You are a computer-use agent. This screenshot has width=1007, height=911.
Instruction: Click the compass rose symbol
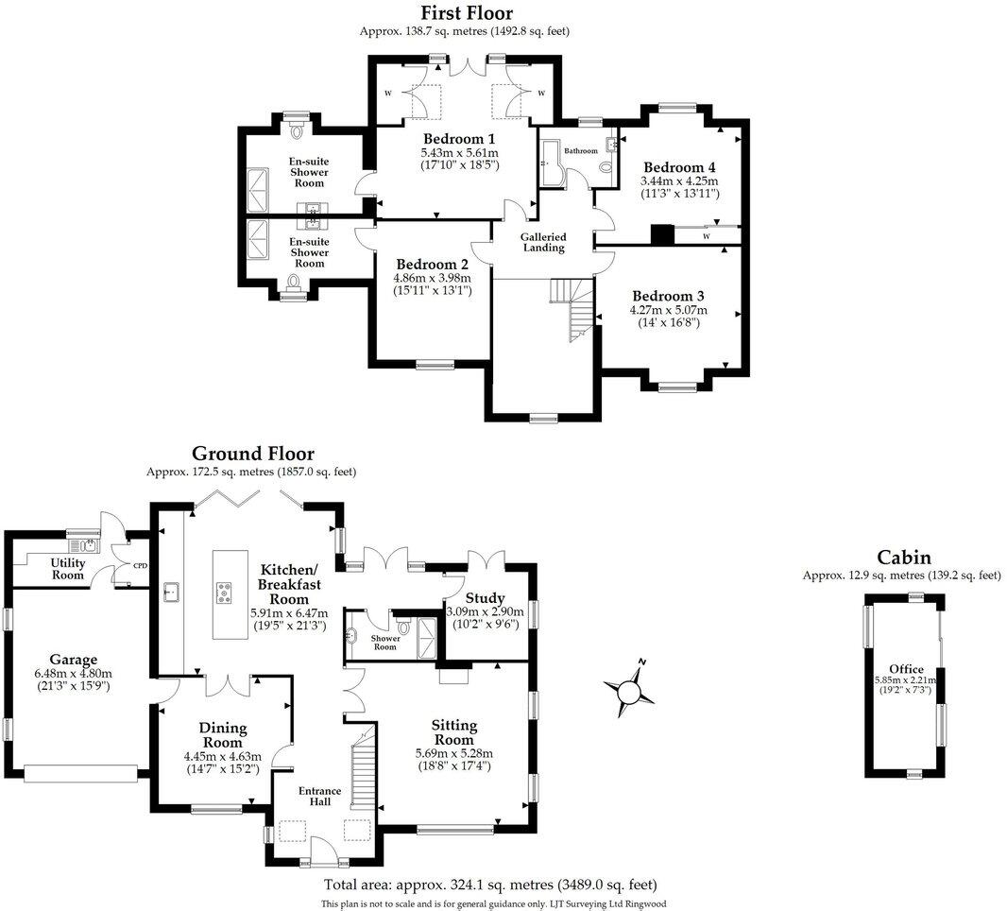pos(626,690)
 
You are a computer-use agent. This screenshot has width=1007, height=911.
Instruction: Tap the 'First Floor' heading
pos(467,13)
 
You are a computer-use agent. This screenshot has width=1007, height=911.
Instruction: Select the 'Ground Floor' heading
pos(252,455)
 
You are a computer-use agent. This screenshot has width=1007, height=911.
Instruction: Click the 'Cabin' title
pos(904,557)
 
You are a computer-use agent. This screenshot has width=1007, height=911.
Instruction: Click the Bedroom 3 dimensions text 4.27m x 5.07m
pos(669,310)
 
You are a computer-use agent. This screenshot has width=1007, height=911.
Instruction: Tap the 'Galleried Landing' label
pos(543,243)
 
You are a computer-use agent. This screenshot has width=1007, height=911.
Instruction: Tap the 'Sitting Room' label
pos(454,732)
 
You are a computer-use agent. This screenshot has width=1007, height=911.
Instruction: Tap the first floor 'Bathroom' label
pos(581,151)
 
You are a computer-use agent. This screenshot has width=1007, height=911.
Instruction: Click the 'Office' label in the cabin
pos(906,669)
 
